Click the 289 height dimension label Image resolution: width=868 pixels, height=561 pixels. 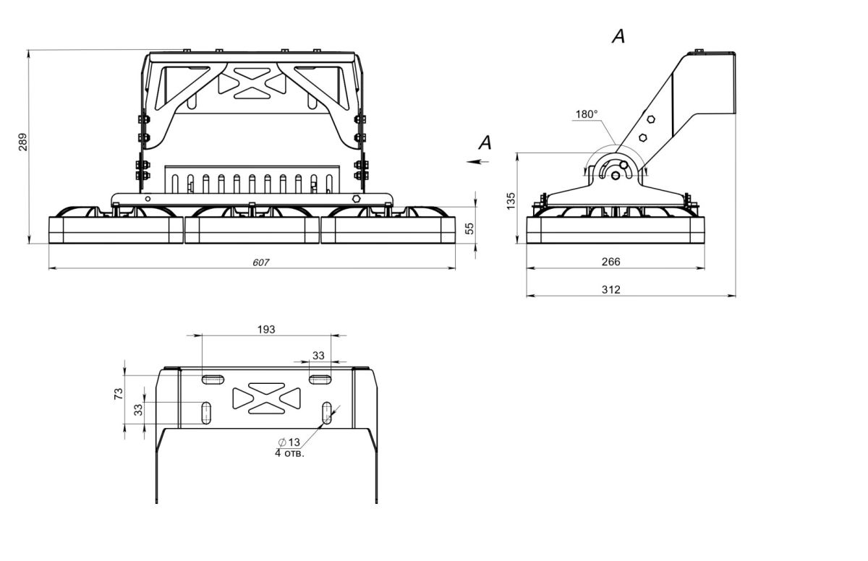(22, 142)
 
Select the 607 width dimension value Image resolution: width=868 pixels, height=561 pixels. (261, 262)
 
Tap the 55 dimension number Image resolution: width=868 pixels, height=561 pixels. (469, 228)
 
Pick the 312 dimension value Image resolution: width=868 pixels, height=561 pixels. (610, 289)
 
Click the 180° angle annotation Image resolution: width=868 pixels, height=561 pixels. (587, 114)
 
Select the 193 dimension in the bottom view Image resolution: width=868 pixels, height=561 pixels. (266, 329)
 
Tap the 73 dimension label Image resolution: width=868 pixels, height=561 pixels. (119, 393)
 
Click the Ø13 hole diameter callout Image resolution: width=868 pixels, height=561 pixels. (289, 442)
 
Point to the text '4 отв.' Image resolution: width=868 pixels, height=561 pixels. (289, 453)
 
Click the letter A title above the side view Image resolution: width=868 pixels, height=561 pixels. (618, 36)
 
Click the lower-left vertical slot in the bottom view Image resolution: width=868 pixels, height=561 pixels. (206, 413)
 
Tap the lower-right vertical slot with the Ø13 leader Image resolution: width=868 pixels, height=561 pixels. (328, 413)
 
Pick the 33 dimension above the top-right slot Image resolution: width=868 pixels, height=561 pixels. (318, 355)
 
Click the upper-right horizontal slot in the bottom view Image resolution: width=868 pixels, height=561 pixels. (320, 379)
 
